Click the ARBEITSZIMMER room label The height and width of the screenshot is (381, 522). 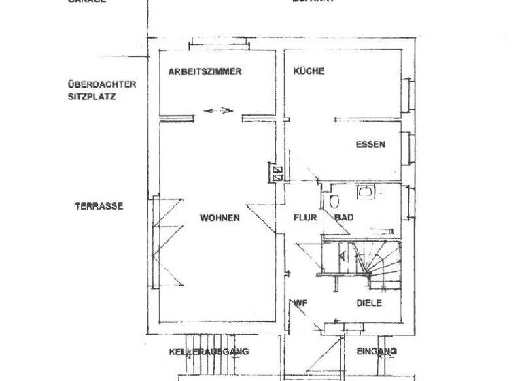coord(205,71)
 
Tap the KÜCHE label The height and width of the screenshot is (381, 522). coord(309,71)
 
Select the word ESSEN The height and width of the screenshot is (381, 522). coord(370,144)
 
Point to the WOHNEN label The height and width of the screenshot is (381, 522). coord(219,218)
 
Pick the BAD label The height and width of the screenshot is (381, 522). coord(343,218)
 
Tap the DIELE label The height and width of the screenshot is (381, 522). coord(369,303)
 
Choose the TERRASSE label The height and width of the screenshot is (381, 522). coord(99,205)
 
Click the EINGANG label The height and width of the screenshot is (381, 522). coord(377,352)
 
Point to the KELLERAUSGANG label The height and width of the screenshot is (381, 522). coord(209,352)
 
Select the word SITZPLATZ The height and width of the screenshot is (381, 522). coord(91,97)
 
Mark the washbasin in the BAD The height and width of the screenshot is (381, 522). coord(366,193)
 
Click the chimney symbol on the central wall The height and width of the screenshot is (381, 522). coord(277,171)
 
